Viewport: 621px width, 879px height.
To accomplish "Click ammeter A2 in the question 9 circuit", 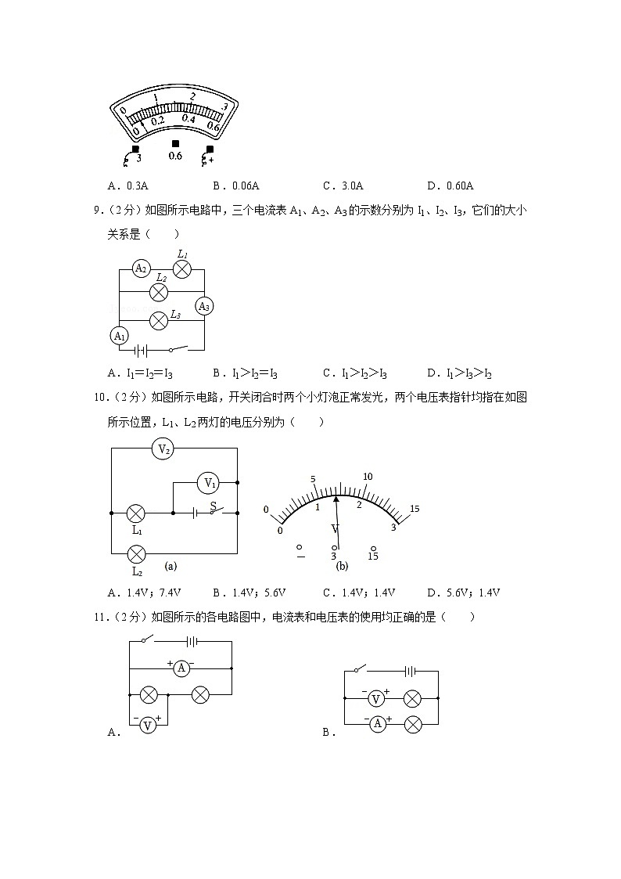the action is click(x=141, y=268).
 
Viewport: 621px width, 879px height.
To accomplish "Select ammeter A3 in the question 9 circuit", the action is click(x=204, y=306).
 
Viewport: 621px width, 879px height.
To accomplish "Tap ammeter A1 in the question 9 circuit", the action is click(x=120, y=336).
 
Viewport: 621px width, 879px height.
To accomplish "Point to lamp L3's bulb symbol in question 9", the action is click(x=159, y=319).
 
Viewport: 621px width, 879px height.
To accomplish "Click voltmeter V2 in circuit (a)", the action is click(x=164, y=449).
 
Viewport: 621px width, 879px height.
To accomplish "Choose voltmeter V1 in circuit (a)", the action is click(x=208, y=483).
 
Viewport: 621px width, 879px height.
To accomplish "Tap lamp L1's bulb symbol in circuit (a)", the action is click(x=136, y=513).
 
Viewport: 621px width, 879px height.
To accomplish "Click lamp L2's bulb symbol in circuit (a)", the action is click(x=136, y=554).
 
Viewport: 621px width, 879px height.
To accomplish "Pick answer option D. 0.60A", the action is click(x=450, y=186).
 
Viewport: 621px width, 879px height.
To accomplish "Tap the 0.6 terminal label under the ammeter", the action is click(x=175, y=156).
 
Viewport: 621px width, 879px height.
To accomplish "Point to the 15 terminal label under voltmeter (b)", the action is click(x=373, y=557).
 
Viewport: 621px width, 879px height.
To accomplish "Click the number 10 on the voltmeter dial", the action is click(x=368, y=477).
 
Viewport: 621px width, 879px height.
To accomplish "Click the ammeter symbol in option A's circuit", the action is click(x=181, y=668).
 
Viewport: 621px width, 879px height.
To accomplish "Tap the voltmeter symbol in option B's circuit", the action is click(x=376, y=698).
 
